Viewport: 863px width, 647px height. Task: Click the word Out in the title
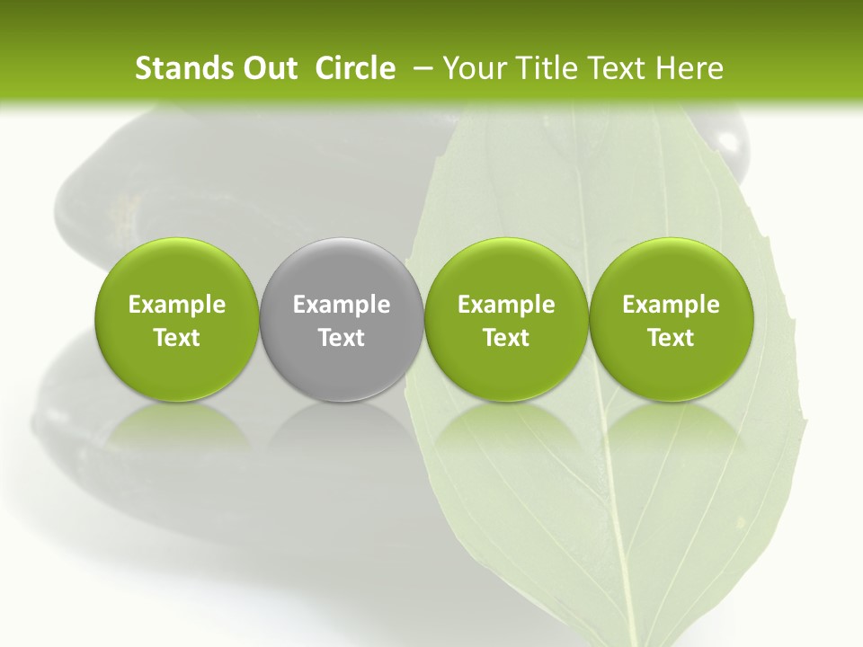(x=268, y=68)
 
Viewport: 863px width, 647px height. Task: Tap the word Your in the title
(x=474, y=68)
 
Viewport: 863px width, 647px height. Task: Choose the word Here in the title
(x=690, y=68)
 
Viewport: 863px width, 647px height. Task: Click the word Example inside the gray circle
(x=342, y=305)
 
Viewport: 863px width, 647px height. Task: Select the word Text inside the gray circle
(x=342, y=338)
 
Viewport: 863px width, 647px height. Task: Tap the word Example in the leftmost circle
(x=176, y=305)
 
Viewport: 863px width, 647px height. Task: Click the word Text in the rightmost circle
(x=672, y=338)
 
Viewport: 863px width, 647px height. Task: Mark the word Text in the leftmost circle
(x=176, y=338)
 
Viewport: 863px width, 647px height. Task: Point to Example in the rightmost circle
(x=672, y=305)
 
